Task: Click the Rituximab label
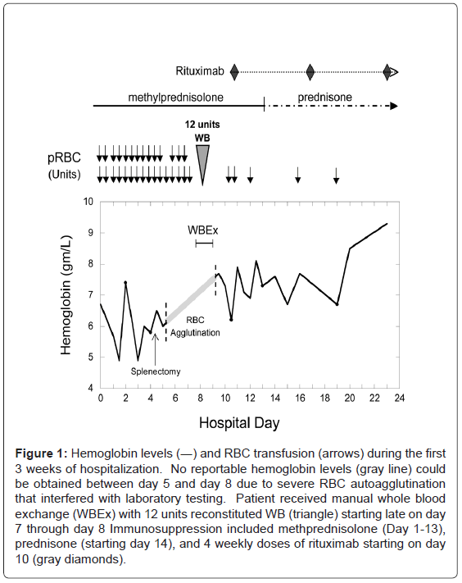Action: pos(200,71)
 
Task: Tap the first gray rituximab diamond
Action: pos(234,72)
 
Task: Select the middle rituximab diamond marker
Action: pos(310,72)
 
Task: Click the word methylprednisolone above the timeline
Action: pos(175,98)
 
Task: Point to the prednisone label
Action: pos(325,98)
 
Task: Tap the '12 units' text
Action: pos(202,124)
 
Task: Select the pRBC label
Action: pos(64,157)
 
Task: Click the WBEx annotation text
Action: pos(203,230)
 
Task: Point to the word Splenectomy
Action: pos(156,371)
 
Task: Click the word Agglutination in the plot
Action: pos(195,333)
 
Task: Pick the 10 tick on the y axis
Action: pos(88,202)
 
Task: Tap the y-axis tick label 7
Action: pos(91,295)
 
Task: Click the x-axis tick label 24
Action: pos(399,399)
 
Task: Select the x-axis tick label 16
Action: pos(300,399)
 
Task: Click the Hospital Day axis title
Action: pos(239,423)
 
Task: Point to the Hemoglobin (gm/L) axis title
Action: pos(66,295)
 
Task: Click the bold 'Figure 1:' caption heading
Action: pos(41,453)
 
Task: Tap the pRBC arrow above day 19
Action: pos(336,175)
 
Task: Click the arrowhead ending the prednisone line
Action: pos(394,106)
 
